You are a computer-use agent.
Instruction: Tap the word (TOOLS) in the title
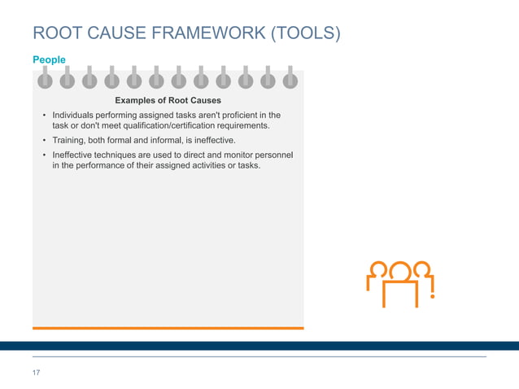coord(303,33)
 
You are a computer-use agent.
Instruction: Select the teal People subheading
coord(49,60)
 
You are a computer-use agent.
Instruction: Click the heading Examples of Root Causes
coord(168,100)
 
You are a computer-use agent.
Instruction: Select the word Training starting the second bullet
coord(70,141)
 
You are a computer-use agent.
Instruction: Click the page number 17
coord(36,373)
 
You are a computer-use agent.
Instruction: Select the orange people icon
coord(399,282)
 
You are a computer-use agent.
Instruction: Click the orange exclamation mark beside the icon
coord(432,285)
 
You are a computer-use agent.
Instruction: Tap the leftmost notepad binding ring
coord(45,78)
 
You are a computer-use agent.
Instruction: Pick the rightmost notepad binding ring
coord(290,78)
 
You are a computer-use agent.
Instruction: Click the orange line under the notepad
coord(168,328)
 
